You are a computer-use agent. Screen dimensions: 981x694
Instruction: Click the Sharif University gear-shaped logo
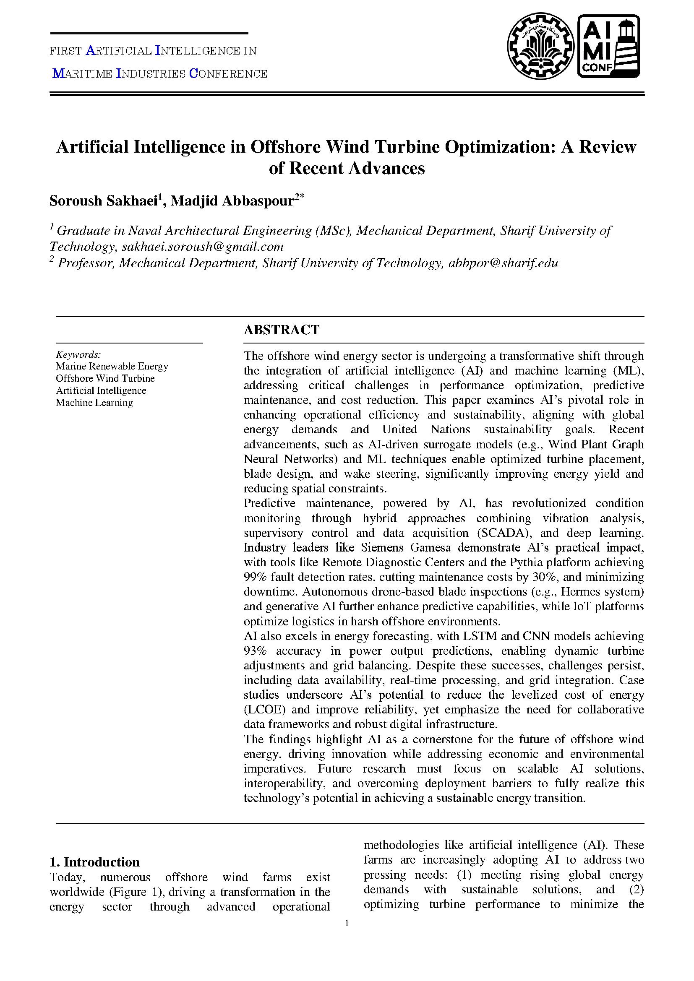(540, 46)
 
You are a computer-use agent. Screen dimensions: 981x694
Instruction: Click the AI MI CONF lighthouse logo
(608, 46)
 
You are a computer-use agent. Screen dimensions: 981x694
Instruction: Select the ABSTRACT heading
(281, 330)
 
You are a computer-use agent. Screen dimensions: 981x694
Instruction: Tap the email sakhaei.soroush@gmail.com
(203, 247)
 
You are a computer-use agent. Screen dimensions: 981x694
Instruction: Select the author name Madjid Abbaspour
(233, 201)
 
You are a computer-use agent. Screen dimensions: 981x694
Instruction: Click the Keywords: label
(78, 354)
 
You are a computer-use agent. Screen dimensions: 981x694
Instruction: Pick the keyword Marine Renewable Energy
(112, 366)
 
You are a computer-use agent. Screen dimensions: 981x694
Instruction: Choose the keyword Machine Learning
(94, 403)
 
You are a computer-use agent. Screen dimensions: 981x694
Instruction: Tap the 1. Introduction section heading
(95, 862)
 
